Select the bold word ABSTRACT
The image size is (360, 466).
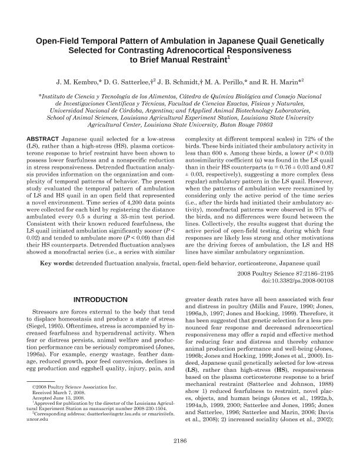click(x=45, y=155)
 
